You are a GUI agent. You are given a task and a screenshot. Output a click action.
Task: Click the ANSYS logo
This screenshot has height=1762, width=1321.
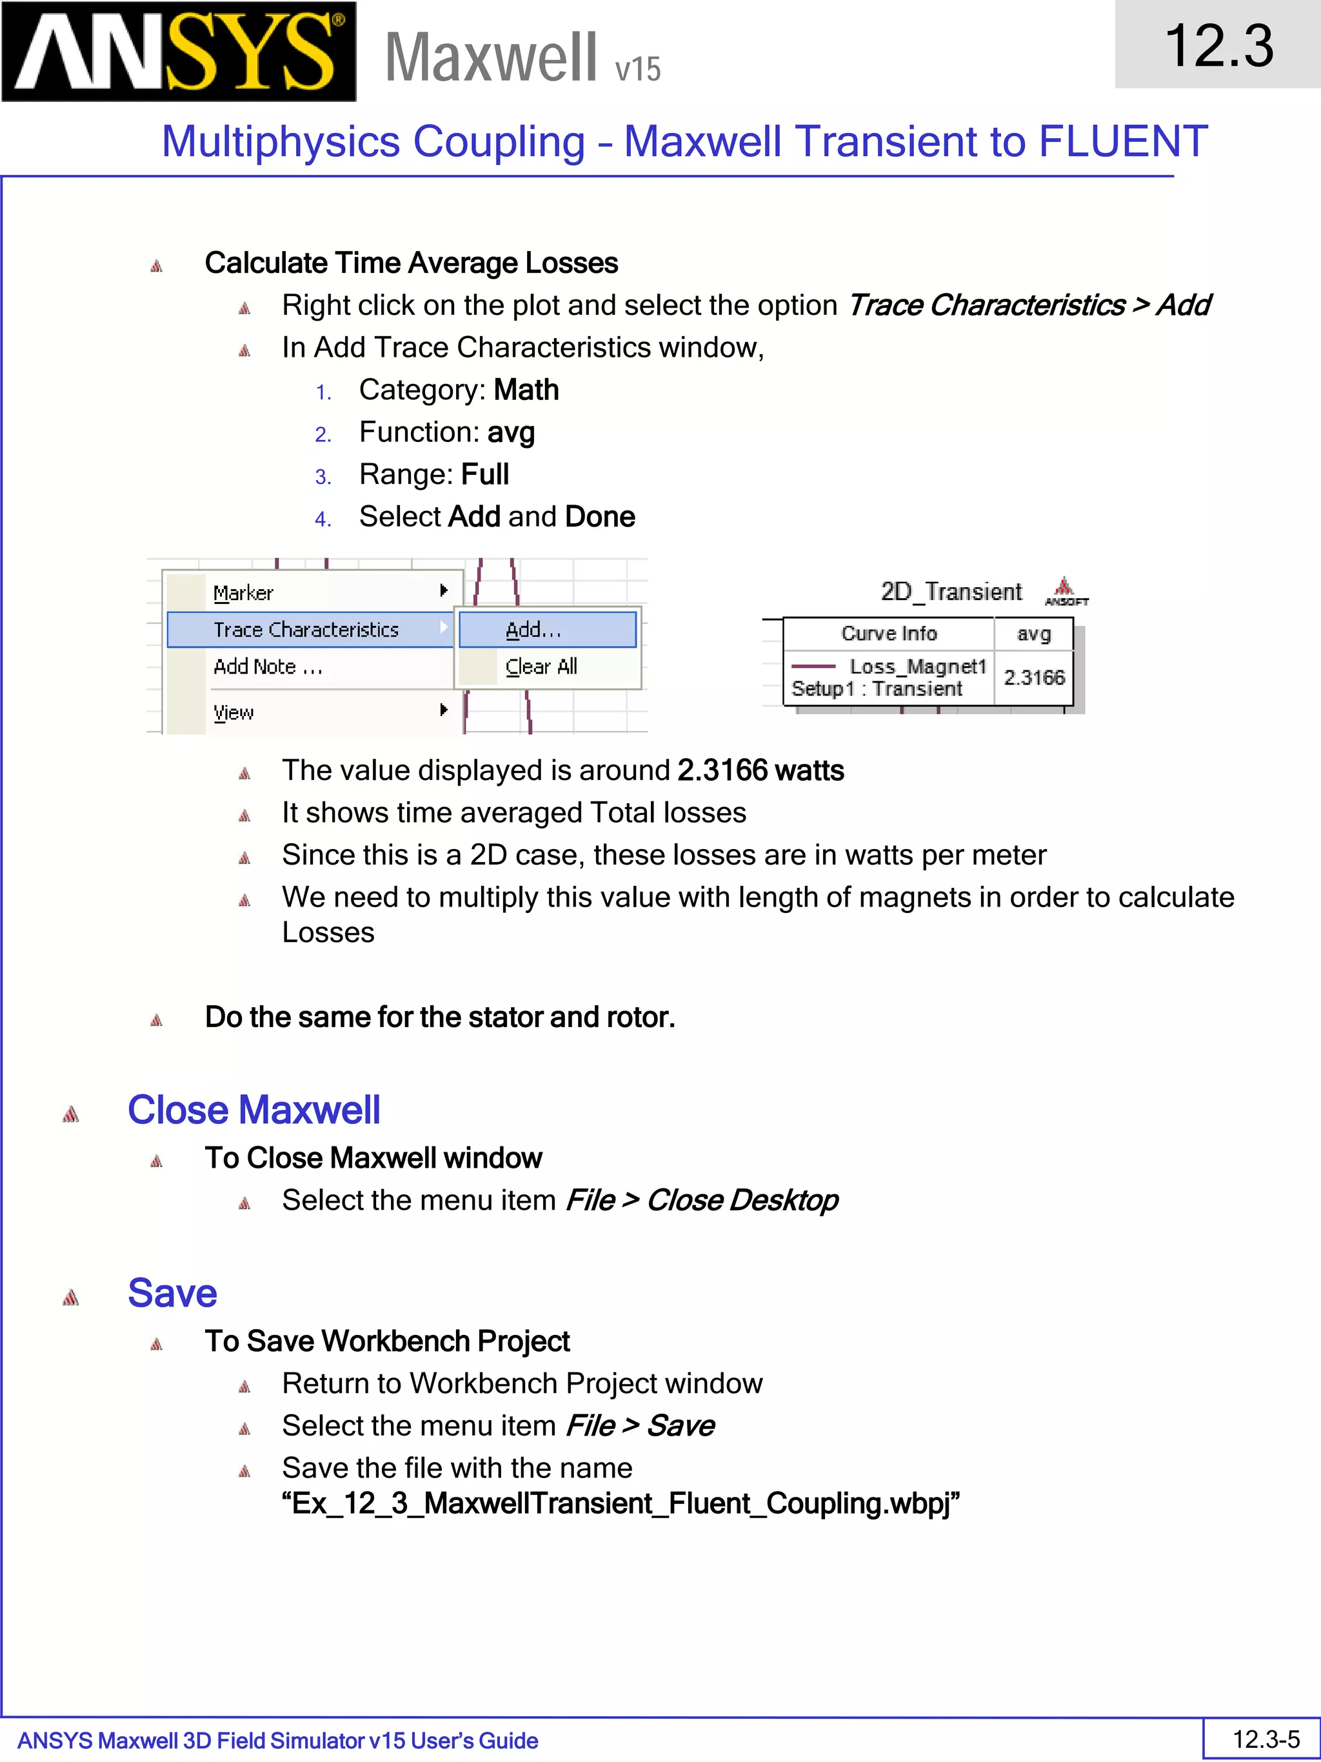point(179,52)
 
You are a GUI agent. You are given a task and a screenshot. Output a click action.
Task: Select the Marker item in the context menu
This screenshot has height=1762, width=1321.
point(244,593)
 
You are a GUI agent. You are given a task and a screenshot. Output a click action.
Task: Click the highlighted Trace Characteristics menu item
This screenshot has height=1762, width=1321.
point(306,629)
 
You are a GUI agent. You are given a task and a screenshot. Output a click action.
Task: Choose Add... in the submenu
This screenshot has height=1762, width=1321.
point(533,629)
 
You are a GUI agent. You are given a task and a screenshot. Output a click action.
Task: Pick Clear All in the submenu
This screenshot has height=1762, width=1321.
point(541,666)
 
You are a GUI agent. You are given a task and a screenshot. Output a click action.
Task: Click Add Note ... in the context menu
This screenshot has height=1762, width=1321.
point(268,666)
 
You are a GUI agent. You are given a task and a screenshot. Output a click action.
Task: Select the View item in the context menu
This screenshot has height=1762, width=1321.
point(233,712)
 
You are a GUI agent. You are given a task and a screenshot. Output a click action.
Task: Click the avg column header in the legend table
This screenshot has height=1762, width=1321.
point(1033,634)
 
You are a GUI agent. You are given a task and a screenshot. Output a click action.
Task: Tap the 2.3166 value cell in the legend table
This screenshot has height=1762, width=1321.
point(1033,677)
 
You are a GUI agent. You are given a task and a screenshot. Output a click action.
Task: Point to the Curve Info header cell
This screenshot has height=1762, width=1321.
point(889,634)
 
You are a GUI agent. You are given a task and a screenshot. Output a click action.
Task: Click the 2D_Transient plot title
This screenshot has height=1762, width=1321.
point(951,592)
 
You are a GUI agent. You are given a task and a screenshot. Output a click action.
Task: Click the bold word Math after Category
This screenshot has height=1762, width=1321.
point(526,390)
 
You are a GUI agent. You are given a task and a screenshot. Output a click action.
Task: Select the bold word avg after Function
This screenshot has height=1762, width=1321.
point(510,432)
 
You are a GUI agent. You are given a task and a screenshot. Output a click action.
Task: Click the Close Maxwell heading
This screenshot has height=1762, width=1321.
point(254,1110)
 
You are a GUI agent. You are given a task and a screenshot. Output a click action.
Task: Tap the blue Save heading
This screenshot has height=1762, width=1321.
point(172,1292)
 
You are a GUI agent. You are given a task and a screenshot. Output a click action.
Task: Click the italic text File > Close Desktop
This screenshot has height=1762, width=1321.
point(702,1199)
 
